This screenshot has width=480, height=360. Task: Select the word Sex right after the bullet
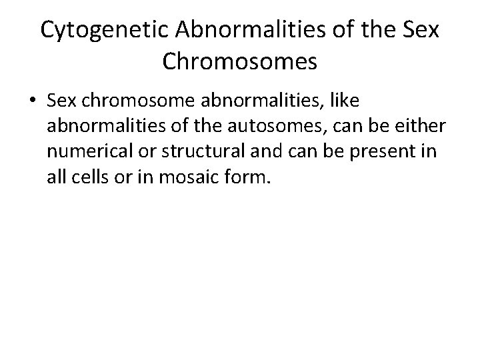(x=63, y=100)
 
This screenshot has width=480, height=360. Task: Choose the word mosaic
(x=189, y=177)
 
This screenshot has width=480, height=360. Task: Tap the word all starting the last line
(x=57, y=177)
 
